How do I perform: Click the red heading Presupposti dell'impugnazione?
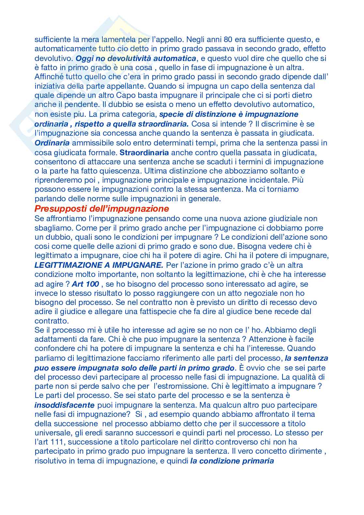[x=101, y=208]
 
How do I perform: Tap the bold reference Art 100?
[x=86, y=284]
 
